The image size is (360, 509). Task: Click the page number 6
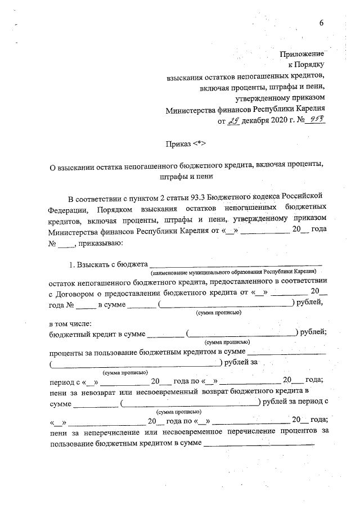coord(322,23)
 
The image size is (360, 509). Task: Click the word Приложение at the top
coord(301,54)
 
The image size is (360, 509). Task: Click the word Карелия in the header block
coord(312,109)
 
